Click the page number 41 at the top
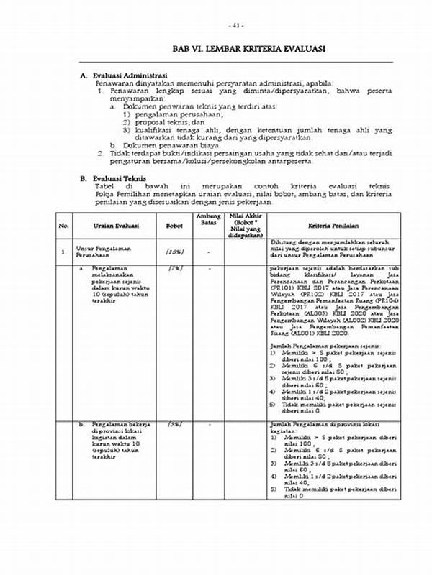pyautogui.click(x=238, y=26)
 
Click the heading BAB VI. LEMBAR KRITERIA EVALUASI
pyautogui.click(x=238, y=48)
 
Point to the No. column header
pyautogui.click(x=63, y=226)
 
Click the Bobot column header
pyautogui.click(x=174, y=226)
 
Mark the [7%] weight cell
pyautogui.click(x=174, y=267)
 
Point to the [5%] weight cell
pyautogui.click(x=174, y=425)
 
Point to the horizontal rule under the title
pyautogui.click(x=238, y=63)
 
